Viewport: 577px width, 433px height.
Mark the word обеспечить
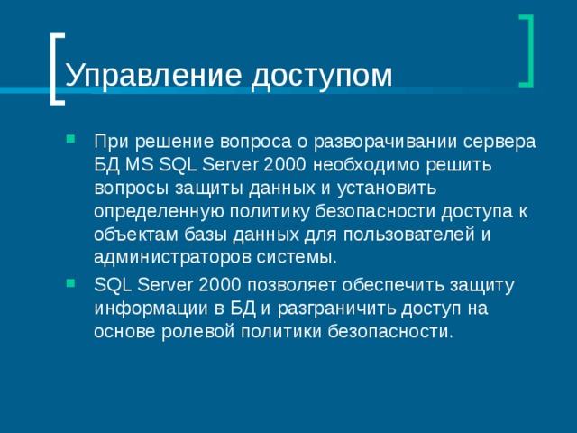[402, 285]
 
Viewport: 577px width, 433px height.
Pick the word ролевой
[199, 331]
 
